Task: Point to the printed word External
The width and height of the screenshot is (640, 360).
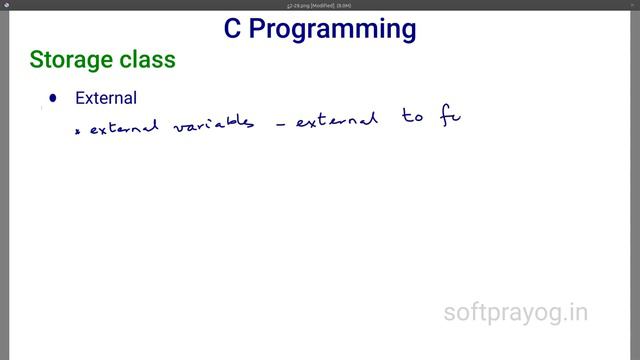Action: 106,98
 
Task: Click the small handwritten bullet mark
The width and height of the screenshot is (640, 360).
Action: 79,130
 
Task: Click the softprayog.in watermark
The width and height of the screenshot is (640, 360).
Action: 516,313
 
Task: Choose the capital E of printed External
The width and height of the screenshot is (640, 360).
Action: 80,98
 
